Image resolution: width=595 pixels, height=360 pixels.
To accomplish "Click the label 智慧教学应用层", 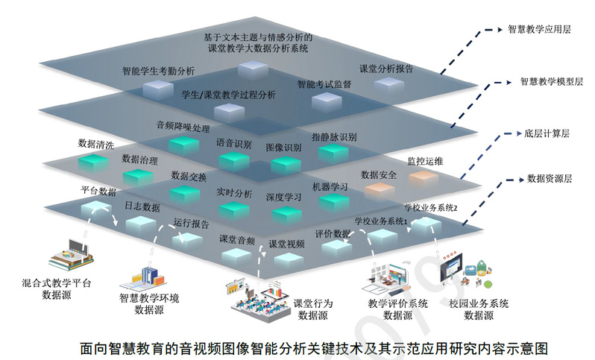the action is tap(539, 30).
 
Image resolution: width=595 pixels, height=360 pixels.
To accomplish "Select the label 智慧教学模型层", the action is tap(551, 81).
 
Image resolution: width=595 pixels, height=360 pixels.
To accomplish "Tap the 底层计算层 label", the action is tap(547, 133).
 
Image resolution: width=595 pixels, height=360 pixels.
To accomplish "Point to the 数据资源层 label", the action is tap(550, 179).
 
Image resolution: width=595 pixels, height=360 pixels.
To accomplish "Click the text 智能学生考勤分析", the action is tap(158, 71).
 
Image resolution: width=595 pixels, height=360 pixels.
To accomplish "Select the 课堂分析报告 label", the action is tap(386, 69).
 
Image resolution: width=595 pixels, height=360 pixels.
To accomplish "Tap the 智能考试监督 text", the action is tap(324, 84).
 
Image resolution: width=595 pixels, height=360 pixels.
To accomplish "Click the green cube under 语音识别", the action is tap(234, 161).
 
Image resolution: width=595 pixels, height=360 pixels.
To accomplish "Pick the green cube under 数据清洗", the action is tap(93, 163).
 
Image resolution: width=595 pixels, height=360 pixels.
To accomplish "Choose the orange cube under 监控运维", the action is tap(424, 178).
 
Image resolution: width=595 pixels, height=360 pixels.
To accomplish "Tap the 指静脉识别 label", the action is tap(334, 137).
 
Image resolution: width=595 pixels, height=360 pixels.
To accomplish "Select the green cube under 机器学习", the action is tap(334, 203).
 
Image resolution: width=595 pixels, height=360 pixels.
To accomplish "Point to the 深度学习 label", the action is tap(283, 198).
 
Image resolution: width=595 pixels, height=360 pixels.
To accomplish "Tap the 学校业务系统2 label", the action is tap(431, 207).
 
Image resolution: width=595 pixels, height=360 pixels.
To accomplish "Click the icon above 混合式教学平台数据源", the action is tap(71, 255).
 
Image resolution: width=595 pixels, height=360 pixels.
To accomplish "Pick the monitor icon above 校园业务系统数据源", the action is tap(451, 268).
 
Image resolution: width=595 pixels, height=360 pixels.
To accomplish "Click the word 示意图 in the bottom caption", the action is tap(529, 348).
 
